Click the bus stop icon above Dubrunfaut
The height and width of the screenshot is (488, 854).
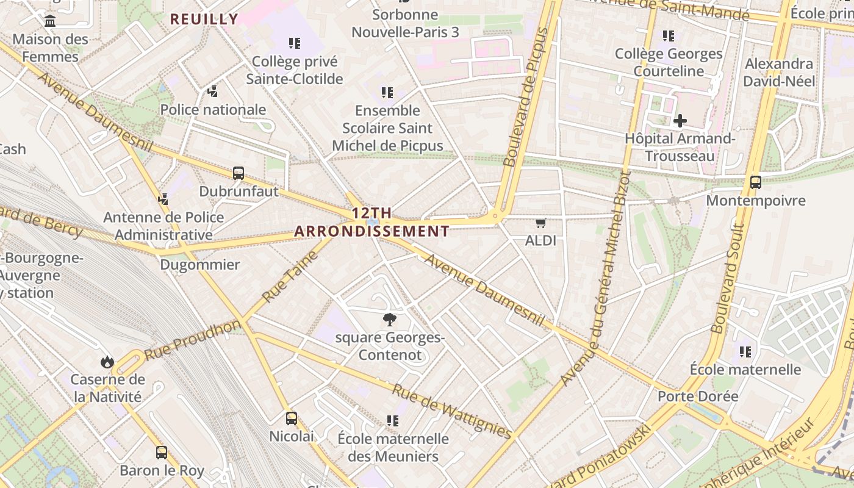239,173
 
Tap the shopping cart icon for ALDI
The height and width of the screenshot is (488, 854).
540,223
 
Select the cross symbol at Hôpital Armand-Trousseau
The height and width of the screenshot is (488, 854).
680,121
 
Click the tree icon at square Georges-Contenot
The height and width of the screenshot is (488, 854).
389,319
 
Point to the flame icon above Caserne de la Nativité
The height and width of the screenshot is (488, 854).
107,362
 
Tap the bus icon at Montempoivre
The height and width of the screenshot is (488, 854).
755,182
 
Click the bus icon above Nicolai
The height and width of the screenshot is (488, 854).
292,418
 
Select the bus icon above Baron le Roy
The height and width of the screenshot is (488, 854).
162,453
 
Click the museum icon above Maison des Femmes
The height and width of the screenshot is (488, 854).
50,21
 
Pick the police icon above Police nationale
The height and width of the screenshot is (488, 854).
212,91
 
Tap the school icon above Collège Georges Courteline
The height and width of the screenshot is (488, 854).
669,36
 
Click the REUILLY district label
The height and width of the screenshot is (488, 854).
204,19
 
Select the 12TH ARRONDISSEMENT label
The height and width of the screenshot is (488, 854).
371,222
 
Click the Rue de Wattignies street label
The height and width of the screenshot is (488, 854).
451,412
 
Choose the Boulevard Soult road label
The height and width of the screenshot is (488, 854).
728,278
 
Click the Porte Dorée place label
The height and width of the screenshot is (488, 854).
698,396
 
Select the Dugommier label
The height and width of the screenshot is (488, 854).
200,265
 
